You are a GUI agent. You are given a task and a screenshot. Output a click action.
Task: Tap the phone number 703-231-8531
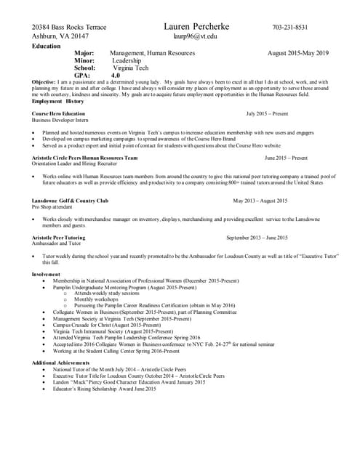[290, 28]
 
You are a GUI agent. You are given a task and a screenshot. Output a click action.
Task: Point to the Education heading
[47, 46]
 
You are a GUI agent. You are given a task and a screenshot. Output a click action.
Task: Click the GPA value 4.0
[116, 76]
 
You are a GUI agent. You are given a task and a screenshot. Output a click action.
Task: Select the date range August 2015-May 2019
[298, 53]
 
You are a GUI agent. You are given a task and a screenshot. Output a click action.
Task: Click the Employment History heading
[58, 101]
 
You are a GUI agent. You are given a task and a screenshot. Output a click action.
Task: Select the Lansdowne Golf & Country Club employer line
[70, 201]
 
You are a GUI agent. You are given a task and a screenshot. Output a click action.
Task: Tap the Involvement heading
[47, 274]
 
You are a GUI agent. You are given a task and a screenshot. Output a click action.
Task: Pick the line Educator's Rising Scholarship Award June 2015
[104, 389]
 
